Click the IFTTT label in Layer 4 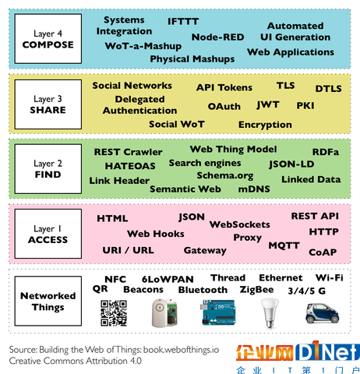183,21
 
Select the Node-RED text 217,37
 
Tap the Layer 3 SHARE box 48,104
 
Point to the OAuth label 224,106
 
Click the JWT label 268,105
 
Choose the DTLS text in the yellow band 328,89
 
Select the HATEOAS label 130,166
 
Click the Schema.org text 225,176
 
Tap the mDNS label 254,189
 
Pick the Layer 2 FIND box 48,169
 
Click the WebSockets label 240,224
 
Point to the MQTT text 284,245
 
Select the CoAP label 323,252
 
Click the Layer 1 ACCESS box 48,234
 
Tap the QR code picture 114,313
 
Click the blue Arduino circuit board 218,312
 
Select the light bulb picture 270,312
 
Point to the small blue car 323,313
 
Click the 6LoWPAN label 168,279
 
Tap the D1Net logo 298,351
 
